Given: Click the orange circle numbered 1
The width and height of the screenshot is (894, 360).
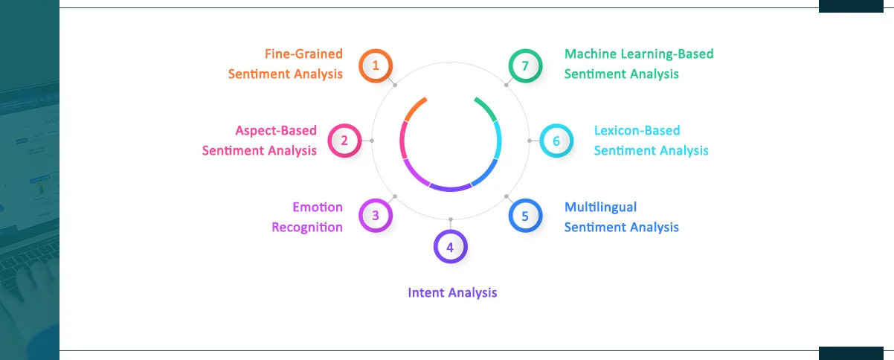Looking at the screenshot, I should pyautogui.click(x=376, y=65).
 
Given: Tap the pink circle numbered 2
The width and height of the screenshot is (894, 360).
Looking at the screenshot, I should pyautogui.click(x=344, y=140).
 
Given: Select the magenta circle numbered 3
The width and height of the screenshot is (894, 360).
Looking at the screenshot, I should pyautogui.click(x=376, y=216).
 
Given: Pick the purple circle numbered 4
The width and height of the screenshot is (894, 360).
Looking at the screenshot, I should pyautogui.click(x=450, y=246).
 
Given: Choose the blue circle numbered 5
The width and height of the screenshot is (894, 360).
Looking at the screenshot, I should pyautogui.click(x=525, y=216).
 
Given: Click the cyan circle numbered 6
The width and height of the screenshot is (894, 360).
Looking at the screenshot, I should pyautogui.click(x=556, y=140).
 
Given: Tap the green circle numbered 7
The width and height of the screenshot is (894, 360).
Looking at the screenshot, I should pyautogui.click(x=525, y=65).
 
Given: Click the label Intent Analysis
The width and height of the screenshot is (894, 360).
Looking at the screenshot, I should pyautogui.click(x=452, y=292).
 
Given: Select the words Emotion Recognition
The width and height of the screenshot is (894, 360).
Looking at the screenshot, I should pyautogui.click(x=307, y=217).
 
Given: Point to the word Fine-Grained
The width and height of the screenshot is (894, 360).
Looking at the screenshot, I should pyautogui.click(x=303, y=54).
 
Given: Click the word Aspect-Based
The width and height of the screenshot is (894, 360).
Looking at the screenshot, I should pyautogui.click(x=276, y=130).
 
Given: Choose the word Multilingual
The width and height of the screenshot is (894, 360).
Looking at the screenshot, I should pyautogui.click(x=600, y=207).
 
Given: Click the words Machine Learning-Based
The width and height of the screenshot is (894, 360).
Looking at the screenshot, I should pyautogui.click(x=639, y=54).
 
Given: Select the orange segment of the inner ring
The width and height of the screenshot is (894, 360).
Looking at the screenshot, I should pyautogui.click(x=415, y=109).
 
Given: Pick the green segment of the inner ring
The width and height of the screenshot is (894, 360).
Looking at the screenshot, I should pyautogui.click(x=486, y=109).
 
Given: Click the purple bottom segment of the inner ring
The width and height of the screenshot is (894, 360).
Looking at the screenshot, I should pyautogui.click(x=451, y=187).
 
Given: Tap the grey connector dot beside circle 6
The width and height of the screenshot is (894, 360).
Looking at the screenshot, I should pyautogui.click(x=530, y=140).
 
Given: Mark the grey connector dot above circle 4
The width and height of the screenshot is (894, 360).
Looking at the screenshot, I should pyautogui.click(x=451, y=219).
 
